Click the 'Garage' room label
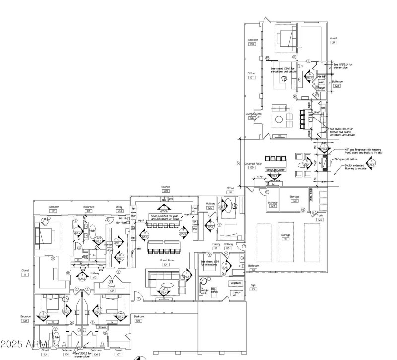(x=285, y=234)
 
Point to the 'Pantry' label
(x=216, y=244)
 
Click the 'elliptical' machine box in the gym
(x=235, y=283)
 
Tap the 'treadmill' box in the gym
(x=237, y=293)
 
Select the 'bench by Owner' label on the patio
(x=278, y=170)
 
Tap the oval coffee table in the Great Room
(x=165, y=285)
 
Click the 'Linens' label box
(x=103, y=327)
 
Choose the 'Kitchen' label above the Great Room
(x=165, y=187)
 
